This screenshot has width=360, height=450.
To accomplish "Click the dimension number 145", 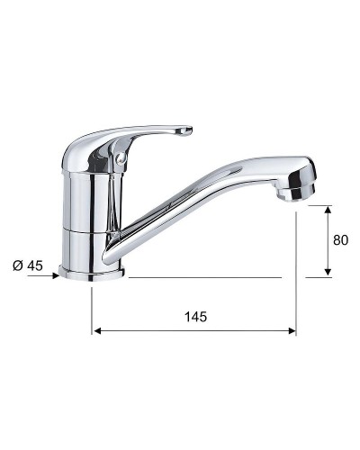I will point(195,316).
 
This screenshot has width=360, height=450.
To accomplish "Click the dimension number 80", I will point(339,240).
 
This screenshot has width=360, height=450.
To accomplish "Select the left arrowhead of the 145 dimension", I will point(96,331).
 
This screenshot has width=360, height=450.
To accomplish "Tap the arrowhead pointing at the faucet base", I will point(55,277).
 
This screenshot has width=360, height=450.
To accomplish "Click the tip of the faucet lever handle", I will point(186,132).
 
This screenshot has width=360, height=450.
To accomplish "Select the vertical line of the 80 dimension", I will point(328,241).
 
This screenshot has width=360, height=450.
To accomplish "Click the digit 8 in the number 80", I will point(336,240).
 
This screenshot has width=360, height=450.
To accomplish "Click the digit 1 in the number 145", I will point(187,316).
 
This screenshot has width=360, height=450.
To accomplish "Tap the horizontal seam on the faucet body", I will point(88,230).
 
